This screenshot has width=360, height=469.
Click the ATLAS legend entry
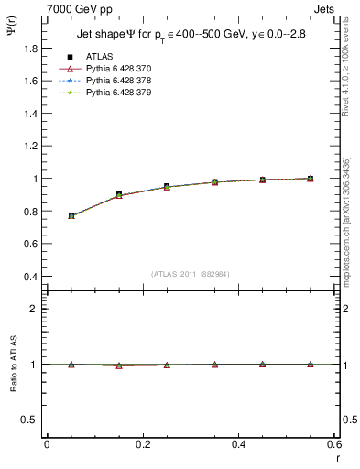coord(99,56)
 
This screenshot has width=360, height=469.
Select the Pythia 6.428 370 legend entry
coord(118,69)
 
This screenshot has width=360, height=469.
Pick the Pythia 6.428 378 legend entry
coord(118,81)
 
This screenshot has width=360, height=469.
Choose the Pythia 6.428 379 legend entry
coord(118,93)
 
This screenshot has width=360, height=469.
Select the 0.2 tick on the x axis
coord(143,444)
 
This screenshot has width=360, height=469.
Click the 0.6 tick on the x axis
coord(335,444)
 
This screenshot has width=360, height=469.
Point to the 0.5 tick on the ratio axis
coord(27,420)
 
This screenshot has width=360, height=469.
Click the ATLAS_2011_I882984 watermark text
coord(191,274)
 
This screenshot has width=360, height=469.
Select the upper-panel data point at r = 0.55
coord(310,179)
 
